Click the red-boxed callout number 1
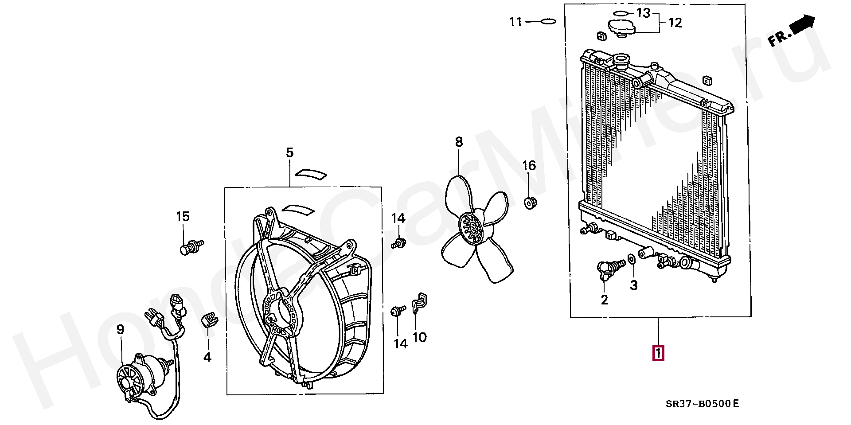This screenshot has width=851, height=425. pos(658,353)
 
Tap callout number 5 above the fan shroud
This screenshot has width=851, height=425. pos(289,153)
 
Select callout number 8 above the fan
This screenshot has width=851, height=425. pos(459,142)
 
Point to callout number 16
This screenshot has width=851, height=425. pos(529,166)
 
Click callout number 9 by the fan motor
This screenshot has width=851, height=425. pos(120,329)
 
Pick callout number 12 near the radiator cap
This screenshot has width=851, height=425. pos(675,22)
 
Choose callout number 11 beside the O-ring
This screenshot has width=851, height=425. pos(516,21)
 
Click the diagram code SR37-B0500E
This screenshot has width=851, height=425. pos(703,404)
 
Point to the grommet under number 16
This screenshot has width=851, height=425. pos(530,203)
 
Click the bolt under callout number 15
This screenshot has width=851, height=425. pos(191,246)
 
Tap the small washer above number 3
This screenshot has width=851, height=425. pos(632,258)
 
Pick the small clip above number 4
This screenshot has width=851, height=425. pos(209,319)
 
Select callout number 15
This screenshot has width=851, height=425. pos(183,217)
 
